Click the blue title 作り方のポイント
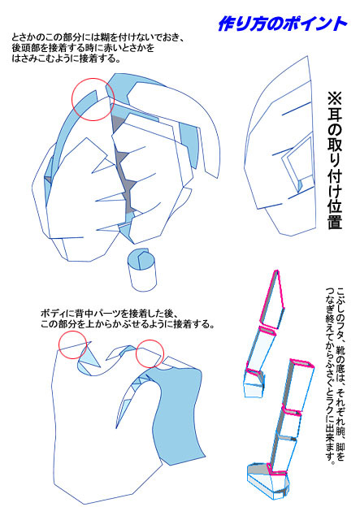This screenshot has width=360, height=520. pyautogui.click(x=282, y=24)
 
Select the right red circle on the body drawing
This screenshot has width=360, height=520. pyautogui.click(x=150, y=354)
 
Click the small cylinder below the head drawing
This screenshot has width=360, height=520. pyautogui.click(x=143, y=270)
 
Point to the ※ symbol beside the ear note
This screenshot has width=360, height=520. pyautogui.click(x=336, y=98)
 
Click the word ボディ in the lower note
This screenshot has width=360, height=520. pyautogui.click(x=51, y=313)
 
